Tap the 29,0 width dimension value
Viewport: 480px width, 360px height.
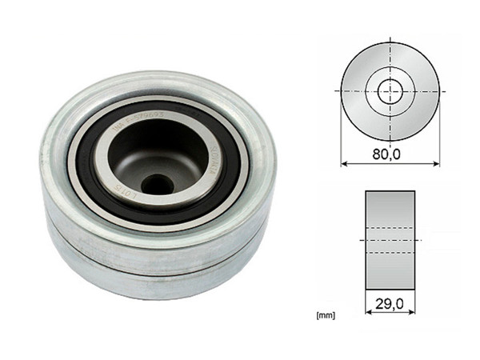click(390, 305)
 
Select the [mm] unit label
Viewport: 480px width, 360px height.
click(326, 315)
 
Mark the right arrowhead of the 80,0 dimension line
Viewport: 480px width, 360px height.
click(437, 164)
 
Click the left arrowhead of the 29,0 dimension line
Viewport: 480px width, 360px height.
click(369, 315)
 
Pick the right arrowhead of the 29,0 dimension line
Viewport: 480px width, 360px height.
click(411, 315)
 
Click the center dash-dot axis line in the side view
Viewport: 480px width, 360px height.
click(390, 240)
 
